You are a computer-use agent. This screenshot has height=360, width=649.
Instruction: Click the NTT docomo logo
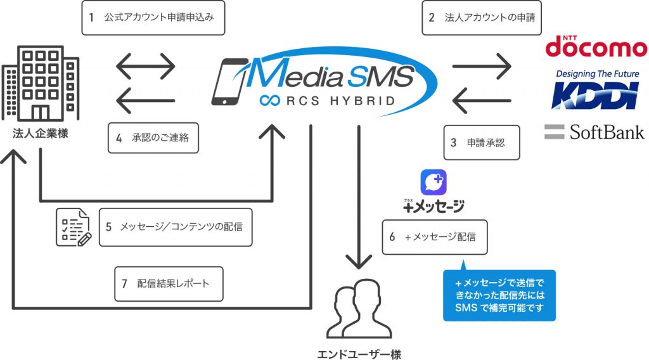tap(596, 46)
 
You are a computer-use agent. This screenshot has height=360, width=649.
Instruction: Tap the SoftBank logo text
tap(607, 132)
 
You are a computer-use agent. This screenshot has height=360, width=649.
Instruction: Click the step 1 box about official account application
tap(153, 17)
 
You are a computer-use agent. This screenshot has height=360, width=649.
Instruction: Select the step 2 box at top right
tap(482, 17)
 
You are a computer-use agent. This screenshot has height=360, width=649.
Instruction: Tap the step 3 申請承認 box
tap(482, 143)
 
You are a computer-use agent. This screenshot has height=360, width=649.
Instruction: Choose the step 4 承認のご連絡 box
tap(153, 138)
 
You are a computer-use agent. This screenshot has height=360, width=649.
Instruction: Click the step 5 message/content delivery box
tap(176, 227)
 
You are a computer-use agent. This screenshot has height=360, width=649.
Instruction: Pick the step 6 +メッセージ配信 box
tap(435, 237)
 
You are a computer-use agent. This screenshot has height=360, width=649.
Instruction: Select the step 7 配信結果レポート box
tap(169, 284)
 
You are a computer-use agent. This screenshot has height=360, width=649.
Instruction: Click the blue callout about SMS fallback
tap(499, 295)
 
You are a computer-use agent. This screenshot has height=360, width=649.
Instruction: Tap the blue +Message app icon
tap(434, 182)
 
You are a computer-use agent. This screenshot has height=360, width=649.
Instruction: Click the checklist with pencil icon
tap(74, 228)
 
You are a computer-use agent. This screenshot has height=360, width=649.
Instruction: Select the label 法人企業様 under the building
tap(40, 134)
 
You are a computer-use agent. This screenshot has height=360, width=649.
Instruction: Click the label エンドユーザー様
tap(359, 354)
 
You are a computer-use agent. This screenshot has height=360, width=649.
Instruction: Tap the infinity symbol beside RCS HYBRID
tap(270, 101)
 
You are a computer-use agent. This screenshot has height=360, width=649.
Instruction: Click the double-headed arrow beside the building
tap(146, 66)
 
